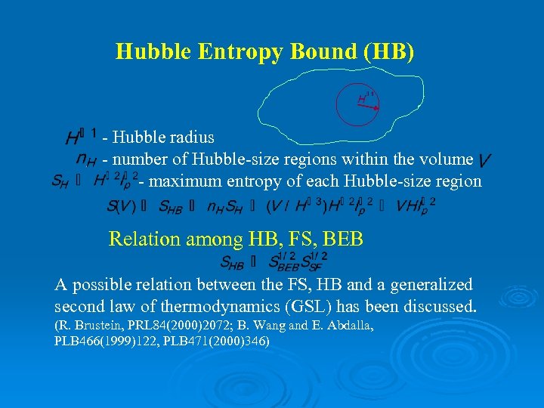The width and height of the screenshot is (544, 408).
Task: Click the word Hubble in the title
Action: point(150,51)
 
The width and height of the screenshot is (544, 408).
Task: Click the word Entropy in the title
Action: point(224,51)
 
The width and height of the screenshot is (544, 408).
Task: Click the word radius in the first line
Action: point(189,138)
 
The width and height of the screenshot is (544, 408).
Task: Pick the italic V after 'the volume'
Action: point(485,159)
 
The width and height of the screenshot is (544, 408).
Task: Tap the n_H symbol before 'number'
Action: point(86,159)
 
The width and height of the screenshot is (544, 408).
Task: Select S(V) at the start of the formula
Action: point(122,206)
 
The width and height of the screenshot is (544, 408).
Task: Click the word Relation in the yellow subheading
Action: point(141,240)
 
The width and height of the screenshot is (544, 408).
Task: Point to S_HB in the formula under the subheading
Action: point(233,262)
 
